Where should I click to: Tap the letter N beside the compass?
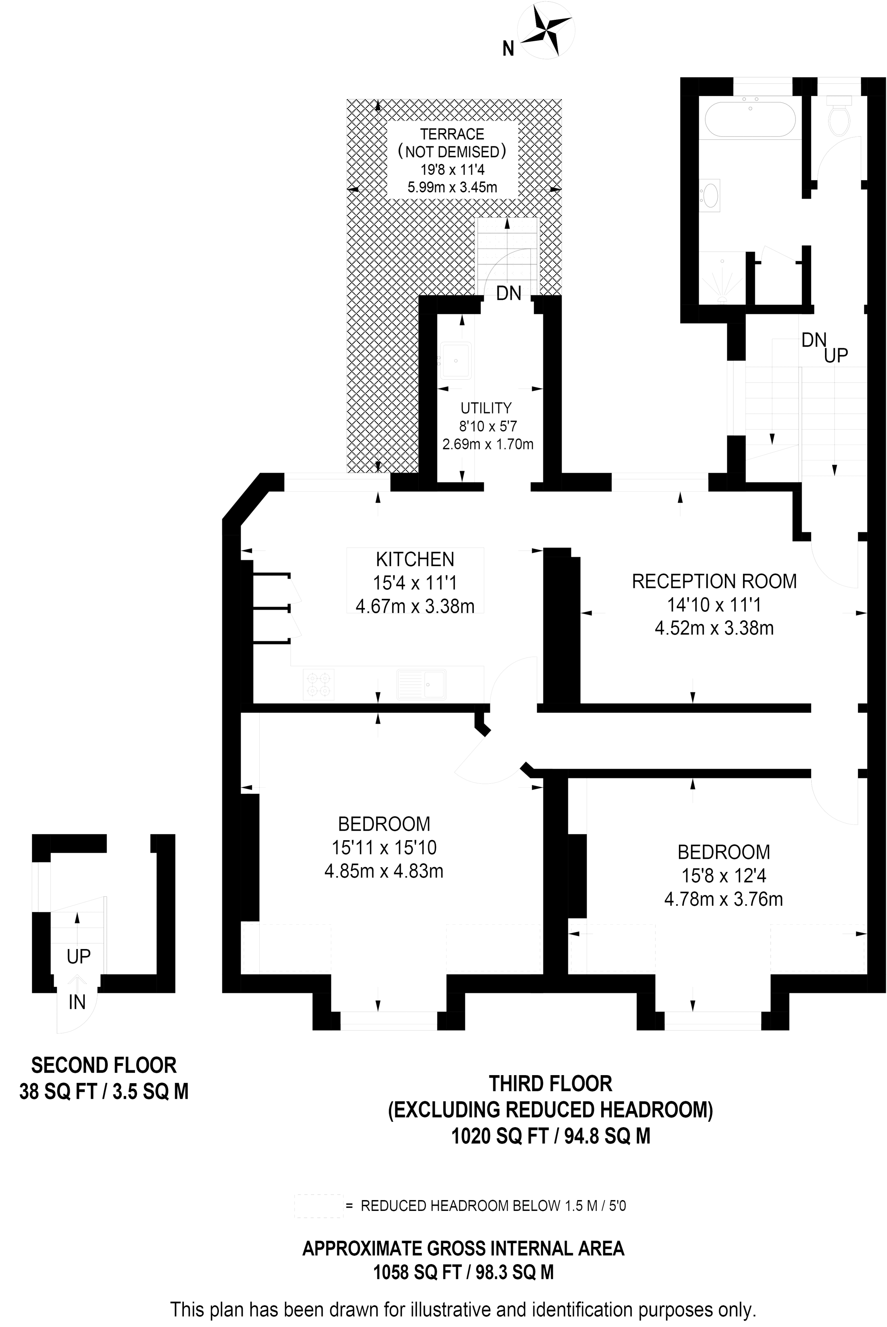508,50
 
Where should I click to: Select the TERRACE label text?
452,134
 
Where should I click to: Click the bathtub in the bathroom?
750,119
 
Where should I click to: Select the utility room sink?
456,359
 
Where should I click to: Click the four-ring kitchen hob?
319,684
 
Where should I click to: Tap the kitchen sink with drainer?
421,684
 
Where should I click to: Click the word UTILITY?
486,408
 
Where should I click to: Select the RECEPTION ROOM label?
714,581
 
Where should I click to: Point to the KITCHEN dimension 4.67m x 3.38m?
414,606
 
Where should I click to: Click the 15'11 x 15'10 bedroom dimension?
383,847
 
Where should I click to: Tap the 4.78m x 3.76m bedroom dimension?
723,899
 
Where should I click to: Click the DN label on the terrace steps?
508,293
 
